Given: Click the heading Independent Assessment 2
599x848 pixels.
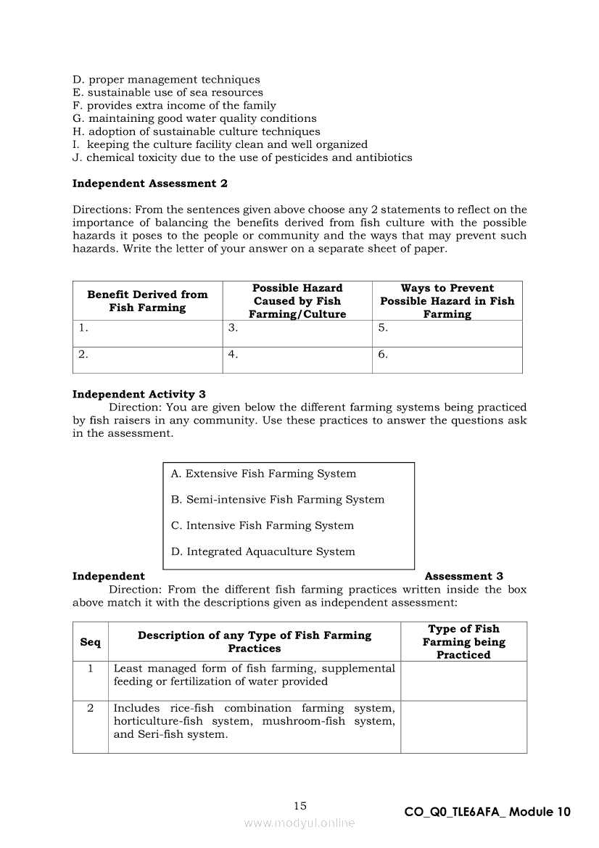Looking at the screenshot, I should pos(149,184).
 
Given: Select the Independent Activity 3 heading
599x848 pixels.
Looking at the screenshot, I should pos(139,394).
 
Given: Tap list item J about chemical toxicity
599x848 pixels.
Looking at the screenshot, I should pos(242,157).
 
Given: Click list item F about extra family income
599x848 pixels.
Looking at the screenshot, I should pos(174,105).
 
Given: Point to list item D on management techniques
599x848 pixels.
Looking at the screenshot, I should pos(166,79).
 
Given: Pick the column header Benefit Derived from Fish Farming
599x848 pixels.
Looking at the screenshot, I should pos(147,301).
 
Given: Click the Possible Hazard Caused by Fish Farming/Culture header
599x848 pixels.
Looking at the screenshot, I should pos(297,301).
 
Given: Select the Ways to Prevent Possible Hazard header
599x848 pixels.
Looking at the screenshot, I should pos(447,301).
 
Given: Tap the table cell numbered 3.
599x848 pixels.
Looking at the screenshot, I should pos(297,333).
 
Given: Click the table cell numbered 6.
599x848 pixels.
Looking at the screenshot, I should pos(447,359).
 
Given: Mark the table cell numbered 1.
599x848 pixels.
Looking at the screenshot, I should pos(147,333).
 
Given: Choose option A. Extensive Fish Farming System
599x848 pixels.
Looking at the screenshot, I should pos(263,474).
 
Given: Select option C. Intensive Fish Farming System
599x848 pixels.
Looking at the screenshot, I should pos(262,525).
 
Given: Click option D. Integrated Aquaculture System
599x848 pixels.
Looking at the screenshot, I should pos(263,551).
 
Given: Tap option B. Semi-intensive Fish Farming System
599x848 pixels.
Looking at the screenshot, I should pos(278,499).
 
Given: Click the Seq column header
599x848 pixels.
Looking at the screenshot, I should pos(90,642).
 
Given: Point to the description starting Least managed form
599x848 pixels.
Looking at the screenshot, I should pos(254,675).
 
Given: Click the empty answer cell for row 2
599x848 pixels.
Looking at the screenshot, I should pos(463,726).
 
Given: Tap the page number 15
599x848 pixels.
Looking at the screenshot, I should pos(300,805).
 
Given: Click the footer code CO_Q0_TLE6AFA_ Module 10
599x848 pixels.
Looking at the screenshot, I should pos(487,812).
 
